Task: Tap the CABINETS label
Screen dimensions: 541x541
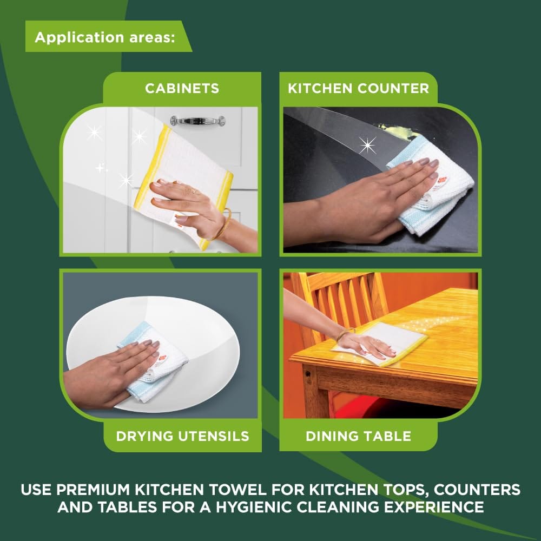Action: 182,88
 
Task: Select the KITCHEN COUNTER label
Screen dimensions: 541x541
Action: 358,88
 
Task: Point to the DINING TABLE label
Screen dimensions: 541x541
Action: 358,436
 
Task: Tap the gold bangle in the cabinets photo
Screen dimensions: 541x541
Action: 223,225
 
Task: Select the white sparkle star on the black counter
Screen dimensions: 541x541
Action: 368,145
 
